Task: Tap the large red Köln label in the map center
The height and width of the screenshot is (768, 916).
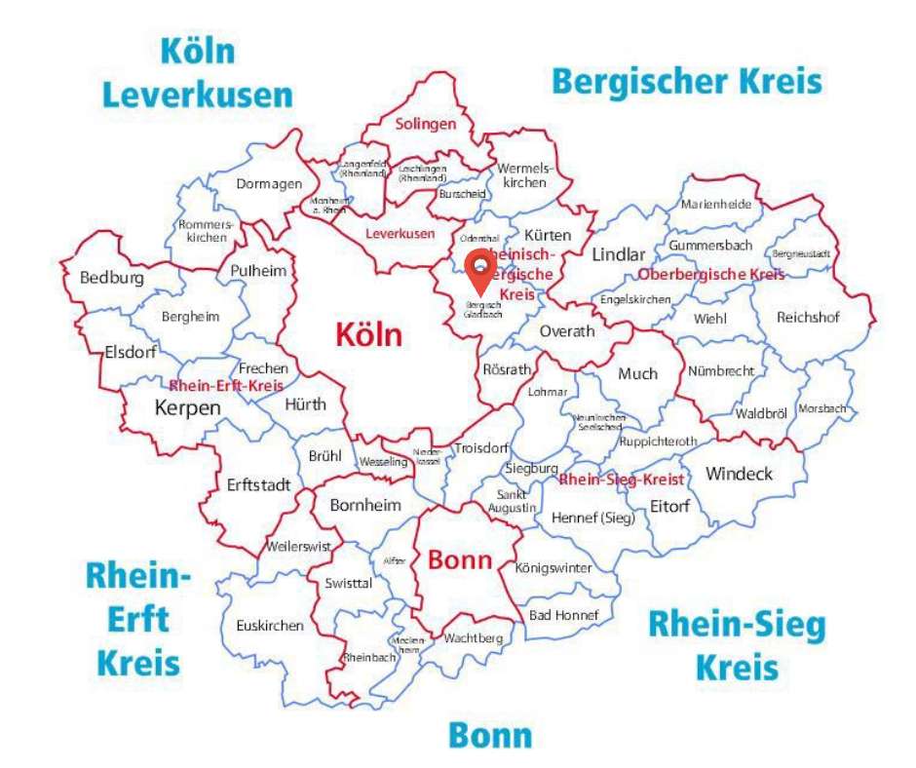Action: (x=368, y=334)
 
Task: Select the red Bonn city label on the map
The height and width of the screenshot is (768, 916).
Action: (x=460, y=560)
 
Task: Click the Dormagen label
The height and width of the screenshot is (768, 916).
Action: (x=262, y=183)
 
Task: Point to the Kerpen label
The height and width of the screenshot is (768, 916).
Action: (x=188, y=407)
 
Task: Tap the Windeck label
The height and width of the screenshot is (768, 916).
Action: (x=739, y=474)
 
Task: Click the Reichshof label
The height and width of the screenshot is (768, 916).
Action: (x=808, y=318)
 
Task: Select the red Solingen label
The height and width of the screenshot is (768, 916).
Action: (x=425, y=124)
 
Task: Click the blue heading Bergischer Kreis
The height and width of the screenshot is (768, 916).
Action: (x=686, y=81)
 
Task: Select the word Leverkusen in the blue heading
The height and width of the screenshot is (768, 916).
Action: (x=198, y=96)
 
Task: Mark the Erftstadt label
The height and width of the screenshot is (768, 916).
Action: (x=258, y=483)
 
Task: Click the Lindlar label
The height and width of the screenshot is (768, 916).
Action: (x=619, y=254)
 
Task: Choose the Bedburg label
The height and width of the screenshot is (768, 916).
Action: (x=112, y=278)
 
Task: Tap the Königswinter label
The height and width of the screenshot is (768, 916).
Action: (x=553, y=567)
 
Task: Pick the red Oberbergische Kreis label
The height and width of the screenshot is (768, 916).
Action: (x=711, y=275)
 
